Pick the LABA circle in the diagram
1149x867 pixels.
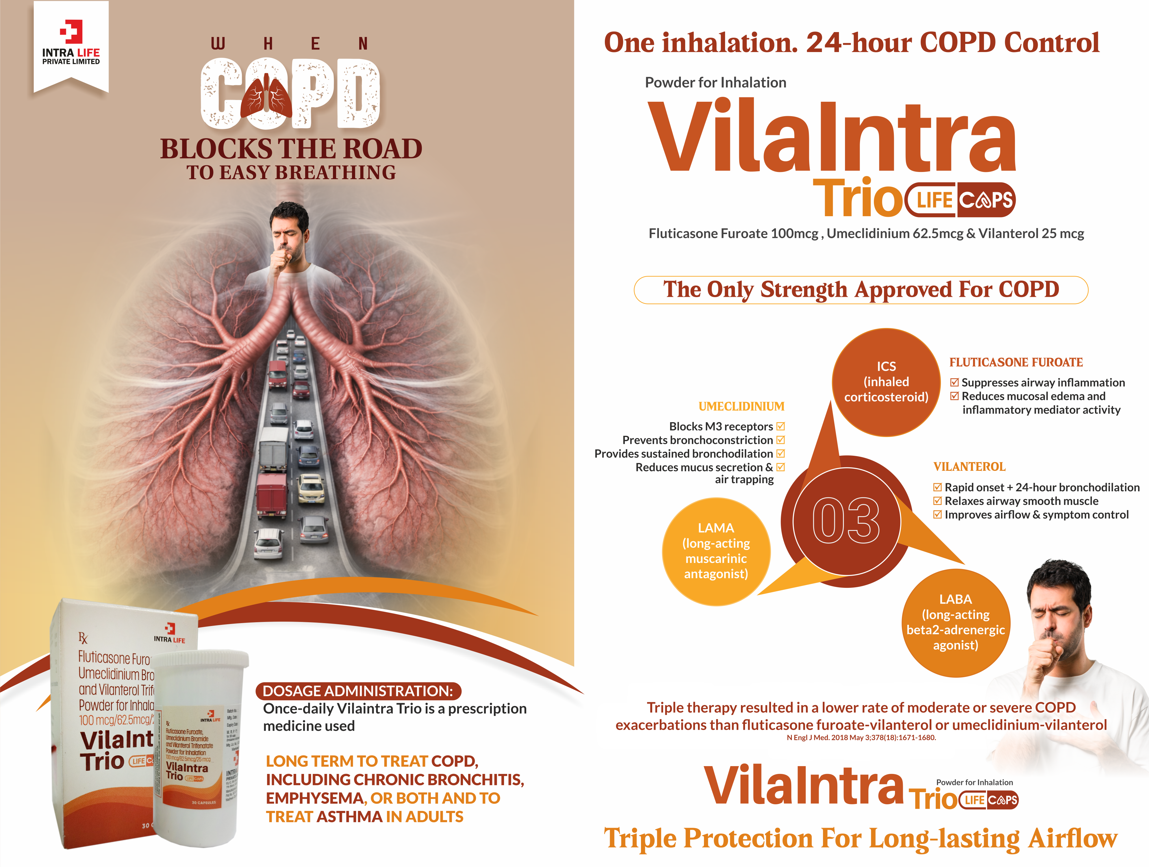pyautogui.click(x=955, y=622)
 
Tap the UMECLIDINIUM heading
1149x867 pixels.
pyautogui.click(x=741, y=406)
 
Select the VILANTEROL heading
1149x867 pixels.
pyautogui.click(x=969, y=466)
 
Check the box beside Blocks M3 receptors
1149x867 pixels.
pyautogui.click(x=780, y=427)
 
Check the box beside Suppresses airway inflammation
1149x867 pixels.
pyautogui.click(x=954, y=382)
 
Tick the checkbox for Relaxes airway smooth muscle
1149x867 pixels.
pyautogui.click(x=937, y=501)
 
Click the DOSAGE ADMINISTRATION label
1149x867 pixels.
pyautogui.click(x=358, y=691)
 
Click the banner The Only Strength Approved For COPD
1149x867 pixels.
pyautogui.click(x=861, y=290)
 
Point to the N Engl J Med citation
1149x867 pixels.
pyautogui.click(x=861, y=738)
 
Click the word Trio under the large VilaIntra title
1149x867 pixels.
pyautogui.click(x=858, y=199)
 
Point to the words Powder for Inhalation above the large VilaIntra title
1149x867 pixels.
pyautogui.click(x=715, y=83)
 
